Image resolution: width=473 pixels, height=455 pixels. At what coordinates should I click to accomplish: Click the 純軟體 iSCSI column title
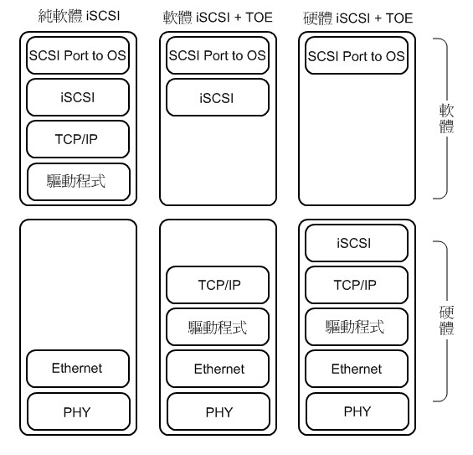[x=79, y=16]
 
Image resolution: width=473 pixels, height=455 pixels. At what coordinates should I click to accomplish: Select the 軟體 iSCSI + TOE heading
[x=218, y=18]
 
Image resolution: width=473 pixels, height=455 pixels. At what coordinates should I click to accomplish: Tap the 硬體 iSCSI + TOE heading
[x=357, y=18]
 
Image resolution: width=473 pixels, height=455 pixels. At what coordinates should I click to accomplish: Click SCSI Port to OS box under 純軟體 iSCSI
[x=78, y=55]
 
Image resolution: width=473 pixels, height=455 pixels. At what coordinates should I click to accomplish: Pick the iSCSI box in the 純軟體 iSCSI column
[x=78, y=97]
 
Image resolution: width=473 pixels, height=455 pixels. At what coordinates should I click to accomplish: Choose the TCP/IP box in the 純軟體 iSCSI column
[x=78, y=139]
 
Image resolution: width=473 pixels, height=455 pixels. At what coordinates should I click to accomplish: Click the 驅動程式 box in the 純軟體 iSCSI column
[x=79, y=182]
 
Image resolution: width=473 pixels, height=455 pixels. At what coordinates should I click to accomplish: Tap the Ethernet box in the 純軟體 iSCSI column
[x=78, y=369]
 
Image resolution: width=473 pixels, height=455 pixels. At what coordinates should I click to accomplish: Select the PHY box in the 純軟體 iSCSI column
[x=79, y=411]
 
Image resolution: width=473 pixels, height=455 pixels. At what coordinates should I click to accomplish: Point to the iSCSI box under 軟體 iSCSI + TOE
[x=218, y=97]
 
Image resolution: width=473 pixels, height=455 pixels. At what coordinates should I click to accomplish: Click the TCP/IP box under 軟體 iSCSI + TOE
[x=218, y=285]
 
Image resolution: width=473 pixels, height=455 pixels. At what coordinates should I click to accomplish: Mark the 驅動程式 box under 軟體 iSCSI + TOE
[x=218, y=327]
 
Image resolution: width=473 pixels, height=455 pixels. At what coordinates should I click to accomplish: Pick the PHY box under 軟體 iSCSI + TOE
[x=219, y=411]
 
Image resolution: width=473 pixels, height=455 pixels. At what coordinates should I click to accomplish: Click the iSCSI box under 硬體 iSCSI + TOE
[x=357, y=243]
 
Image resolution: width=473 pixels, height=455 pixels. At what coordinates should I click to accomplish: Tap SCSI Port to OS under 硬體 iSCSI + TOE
[x=357, y=55]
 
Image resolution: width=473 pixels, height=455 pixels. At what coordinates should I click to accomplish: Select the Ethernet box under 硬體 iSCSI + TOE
[x=357, y=369]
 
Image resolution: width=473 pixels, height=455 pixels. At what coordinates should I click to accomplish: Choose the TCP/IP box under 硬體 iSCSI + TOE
[x=357, y=285]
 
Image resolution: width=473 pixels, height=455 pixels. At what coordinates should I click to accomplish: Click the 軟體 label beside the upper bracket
[x=446, y=119]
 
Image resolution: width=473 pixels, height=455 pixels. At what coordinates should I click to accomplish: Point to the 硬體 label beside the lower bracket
[x=446, y=321]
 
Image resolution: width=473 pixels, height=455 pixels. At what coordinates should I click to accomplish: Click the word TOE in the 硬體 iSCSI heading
[x=399, y=18]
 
